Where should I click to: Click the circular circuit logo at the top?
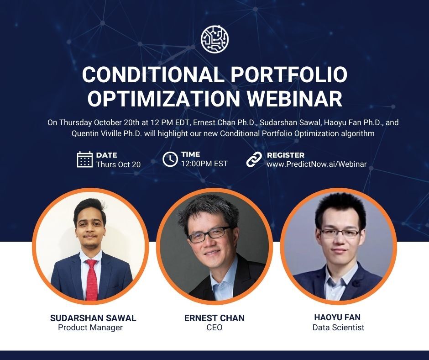point(214,39)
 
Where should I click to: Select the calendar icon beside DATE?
point(85,159)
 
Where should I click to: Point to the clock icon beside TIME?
point(170,159)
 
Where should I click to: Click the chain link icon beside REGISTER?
point(254,159)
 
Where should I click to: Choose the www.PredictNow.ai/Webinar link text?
point(317,164)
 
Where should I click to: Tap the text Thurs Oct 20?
point(118,164)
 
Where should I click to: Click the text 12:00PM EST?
point(204,164)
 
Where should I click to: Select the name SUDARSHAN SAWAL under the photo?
point(93,318)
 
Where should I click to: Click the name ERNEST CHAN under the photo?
point(214,318)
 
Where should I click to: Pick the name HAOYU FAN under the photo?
point(338,318)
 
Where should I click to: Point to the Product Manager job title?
point(90,328)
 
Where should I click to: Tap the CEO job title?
point(214,328)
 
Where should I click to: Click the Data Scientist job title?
point(338,328)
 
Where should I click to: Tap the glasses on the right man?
point(340,233)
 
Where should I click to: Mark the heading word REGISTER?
point(286,155)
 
